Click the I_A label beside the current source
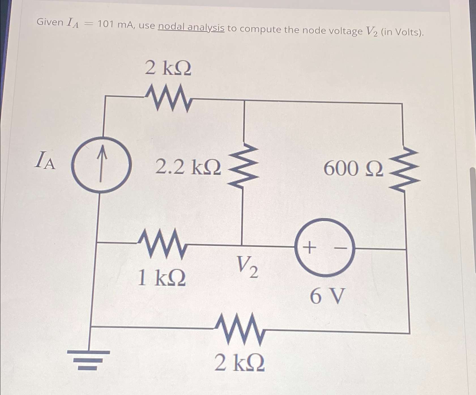pos(45,160)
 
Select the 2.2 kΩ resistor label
pos(188,167)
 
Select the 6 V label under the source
pos(327,296)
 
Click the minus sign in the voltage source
pos(341,248)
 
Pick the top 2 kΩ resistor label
pos(168,68)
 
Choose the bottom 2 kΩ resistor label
pos(240,363)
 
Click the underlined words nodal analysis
pos(191,27)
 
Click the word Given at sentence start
pos(50,22)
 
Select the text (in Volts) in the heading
pos(402,32)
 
